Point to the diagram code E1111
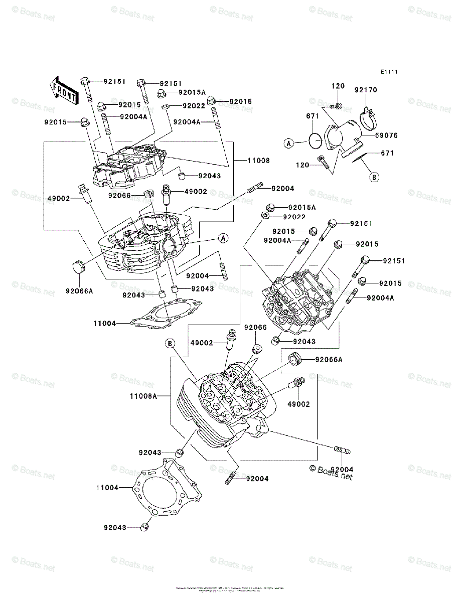click(x=388, y=72)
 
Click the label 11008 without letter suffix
click(x=258, y=161)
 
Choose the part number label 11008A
click(x=143, y=396)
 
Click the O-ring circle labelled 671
click(x=315, y=141)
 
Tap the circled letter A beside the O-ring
click(x=289, y=143)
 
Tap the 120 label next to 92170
click(x=338, y=86)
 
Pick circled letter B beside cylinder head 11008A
click(x=171, y=343)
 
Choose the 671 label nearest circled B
click(x=387, y=153)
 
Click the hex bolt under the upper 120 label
click(x=338, y=105)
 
